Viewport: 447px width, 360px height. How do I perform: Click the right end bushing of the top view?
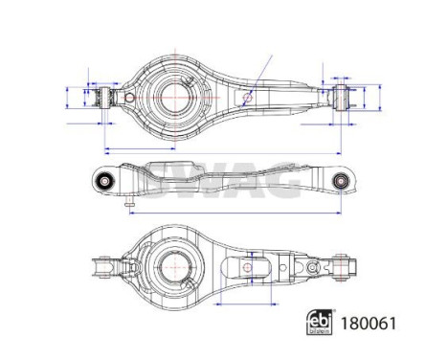(x=342, y=96)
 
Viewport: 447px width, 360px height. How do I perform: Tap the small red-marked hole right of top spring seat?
(x=248, y=96)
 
